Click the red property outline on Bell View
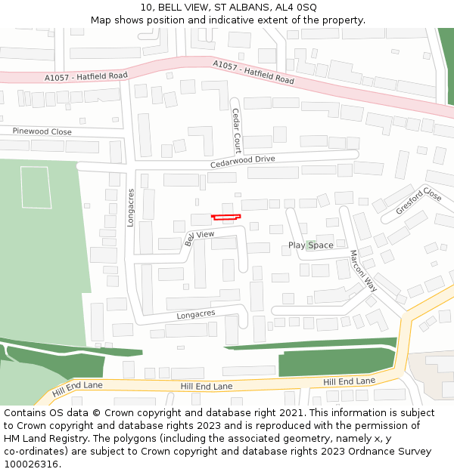(x=225, y=217)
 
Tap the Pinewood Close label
(x=42, y=131)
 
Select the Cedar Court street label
(x=236, y=131)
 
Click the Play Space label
(x=310, y=245)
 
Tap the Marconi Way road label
(x=362, y=271)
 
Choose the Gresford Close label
(x=418, y=200)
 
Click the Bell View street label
(x=200, y=237)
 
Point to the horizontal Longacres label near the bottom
(x=196, y=313)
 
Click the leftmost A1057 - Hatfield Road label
(x=86, y=76)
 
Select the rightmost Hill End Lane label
(x=349, y=382)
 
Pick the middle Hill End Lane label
(x=206, y=386)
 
